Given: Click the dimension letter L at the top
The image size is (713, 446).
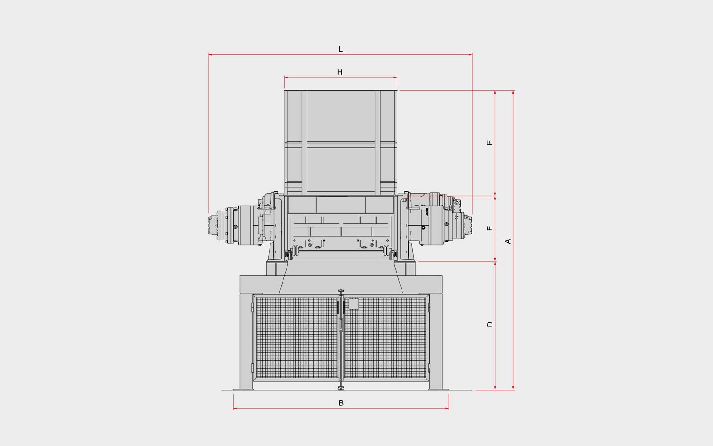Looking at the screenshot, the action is pyautogui.click(x=340, y=50).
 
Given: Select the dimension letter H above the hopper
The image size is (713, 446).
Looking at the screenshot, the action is pyautogui.click(x=340, y=72).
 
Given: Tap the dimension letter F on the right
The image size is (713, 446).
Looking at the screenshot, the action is pyautogui.click(x=490, y=143).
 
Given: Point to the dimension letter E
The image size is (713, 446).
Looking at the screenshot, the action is pyautogui.click(x=490, y=228).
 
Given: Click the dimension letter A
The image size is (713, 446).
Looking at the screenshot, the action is pyautogui.click(x=508, y=241).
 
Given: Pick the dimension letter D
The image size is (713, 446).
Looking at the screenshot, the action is pyautogui.click(x=490, y=324).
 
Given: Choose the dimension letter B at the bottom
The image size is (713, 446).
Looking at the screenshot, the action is pyautogui.click(x=341, y=403).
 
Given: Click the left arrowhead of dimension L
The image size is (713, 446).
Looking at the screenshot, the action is pyautogui.click(x=210, y=55).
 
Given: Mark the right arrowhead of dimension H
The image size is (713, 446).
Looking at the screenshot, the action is pyautogui.click(x=395, y=78).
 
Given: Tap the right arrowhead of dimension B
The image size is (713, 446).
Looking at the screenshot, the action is pyautogui.click(x=447, y=409).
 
